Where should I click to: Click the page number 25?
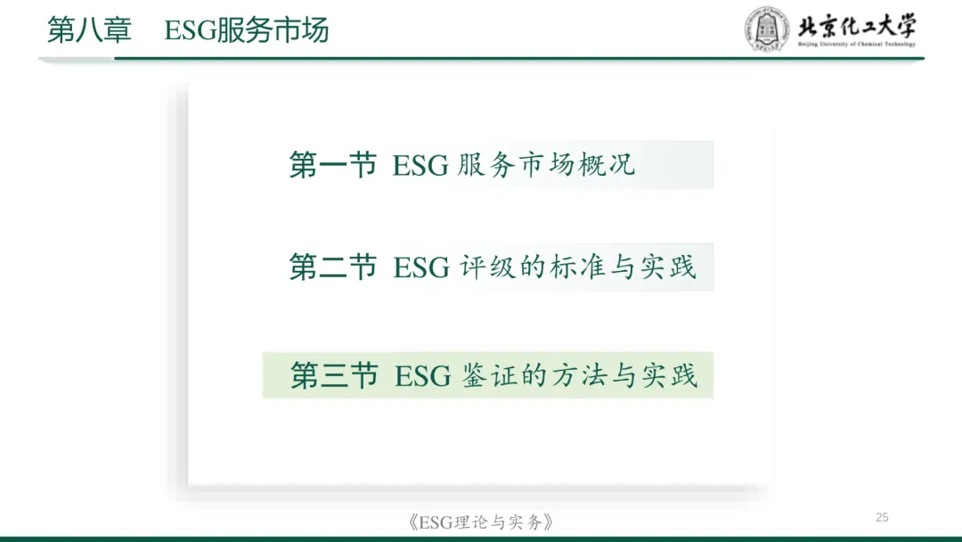pyautogui.click(x=883, y=518)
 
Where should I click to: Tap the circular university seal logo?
pyautogui.click(x=766, y=29)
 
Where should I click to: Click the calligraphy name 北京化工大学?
pyautogui.click(x=856, y=24)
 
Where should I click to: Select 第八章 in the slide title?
pyautogui.click(x=89, y=30)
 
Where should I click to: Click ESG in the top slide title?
pyautogui.click(x=185, y=30)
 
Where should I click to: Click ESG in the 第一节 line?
pyautogui.click(x=420, y=167)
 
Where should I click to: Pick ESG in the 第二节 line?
pyautogui.click(x=421, y=268)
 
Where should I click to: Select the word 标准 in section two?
pyautogui.click(x=579, y=267)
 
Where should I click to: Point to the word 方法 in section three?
pyautogui.click(x=579, y=375)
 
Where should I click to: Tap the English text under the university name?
pyautogui.click(x=856, y=44)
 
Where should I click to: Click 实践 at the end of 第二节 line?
pyautogui.click(x=668, y=267)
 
